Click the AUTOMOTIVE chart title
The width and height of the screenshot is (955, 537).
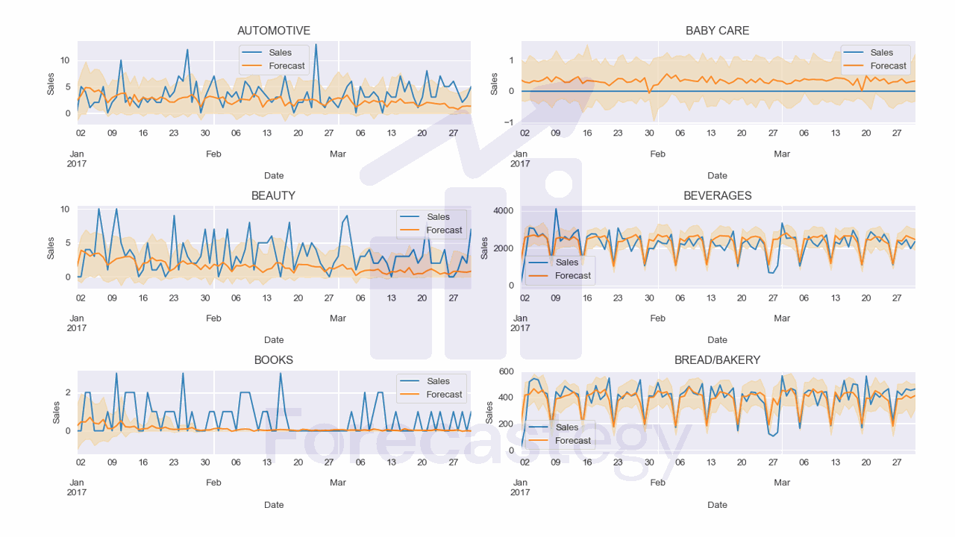(x=273, y=31)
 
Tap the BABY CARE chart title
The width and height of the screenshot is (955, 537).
(x=717, y=31)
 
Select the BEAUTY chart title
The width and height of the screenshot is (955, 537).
(x=273, y=195)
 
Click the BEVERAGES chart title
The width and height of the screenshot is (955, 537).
(x=717, y=195)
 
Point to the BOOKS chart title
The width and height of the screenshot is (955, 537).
(x=273, y=359)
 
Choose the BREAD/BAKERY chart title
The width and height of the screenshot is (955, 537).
(x=717, y=359)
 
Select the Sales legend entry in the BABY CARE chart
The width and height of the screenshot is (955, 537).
(x=881, y=52)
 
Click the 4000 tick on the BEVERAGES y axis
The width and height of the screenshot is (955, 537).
(x=503, y=211)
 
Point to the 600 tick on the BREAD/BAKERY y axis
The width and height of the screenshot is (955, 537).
(x=507, y=371)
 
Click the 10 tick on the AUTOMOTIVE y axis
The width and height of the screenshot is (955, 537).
(x=65, y=60)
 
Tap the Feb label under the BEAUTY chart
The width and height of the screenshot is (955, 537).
(x=213, y=318)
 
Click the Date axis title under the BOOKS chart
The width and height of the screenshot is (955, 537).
(x=274, y=505)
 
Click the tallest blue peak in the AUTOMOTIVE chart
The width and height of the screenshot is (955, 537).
(x=316, y=45)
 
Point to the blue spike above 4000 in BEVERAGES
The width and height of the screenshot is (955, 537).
(x=556, y=210)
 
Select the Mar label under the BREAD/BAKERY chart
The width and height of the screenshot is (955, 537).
(x=781, y=483)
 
